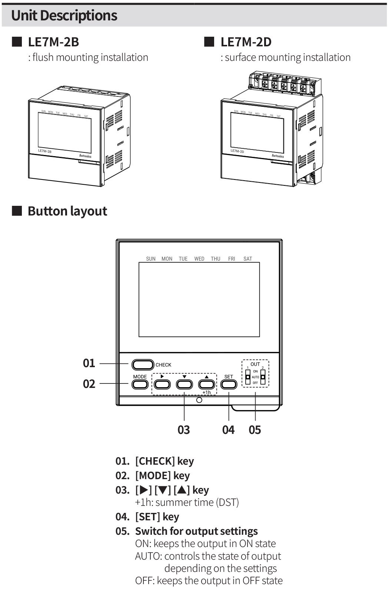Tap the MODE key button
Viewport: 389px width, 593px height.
click(140, 384)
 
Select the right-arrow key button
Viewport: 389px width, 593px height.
click(162, 384)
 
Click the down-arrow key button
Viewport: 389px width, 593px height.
click(184, 384)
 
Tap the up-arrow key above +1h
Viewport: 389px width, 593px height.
click(206, 384)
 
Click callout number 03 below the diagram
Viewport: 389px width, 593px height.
click(184, 430)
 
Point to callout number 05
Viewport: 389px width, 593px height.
click(255, 430)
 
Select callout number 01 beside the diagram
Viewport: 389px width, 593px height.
click(89, 363)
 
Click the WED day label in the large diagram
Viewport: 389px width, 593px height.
click(199, 259)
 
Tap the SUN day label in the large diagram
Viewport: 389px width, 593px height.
click(151, 259)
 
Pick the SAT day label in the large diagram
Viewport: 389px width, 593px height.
click(247, 259)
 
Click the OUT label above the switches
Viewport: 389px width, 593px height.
click(255, 364)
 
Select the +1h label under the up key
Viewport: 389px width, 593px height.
click(206, 392)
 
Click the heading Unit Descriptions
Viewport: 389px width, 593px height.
click(64, 16)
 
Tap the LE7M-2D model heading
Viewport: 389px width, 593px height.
click(246, 42)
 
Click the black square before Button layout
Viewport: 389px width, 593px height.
click(17, 211)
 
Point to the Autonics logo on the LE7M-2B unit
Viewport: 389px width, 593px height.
click(85, 156)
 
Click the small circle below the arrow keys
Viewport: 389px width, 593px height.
click(199, 400)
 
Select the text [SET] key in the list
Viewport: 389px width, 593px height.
click(157, 517)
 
